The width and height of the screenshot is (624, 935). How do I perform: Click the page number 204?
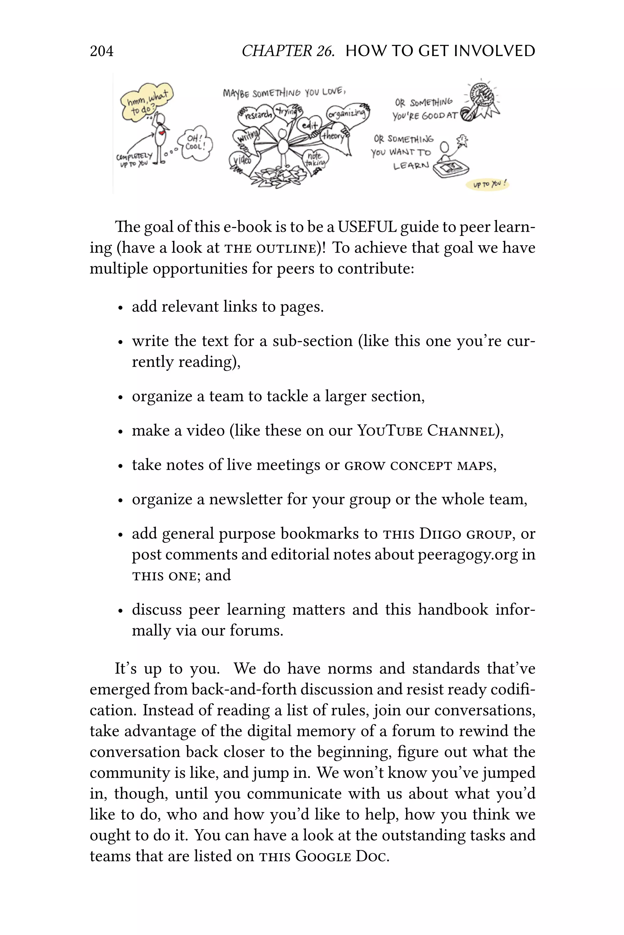pyautogui.click(x=101, y=51)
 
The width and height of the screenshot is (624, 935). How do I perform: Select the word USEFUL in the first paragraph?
pyautogui.click(x=367, y=227)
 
